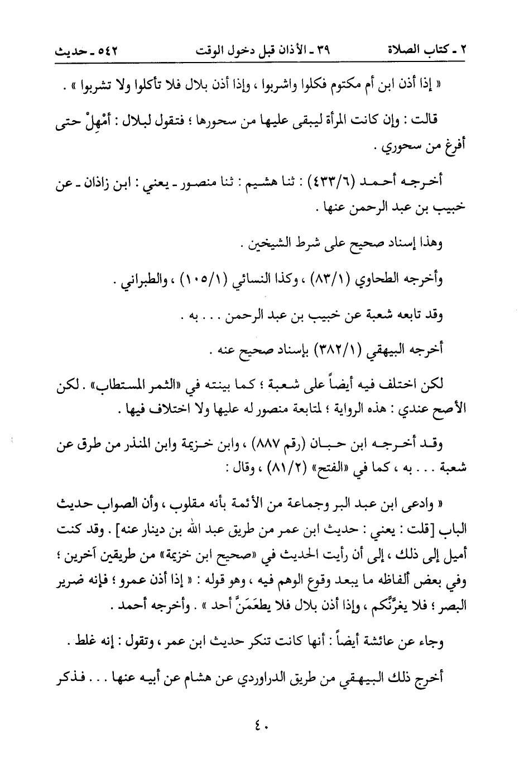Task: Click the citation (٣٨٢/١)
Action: point(337,351)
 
